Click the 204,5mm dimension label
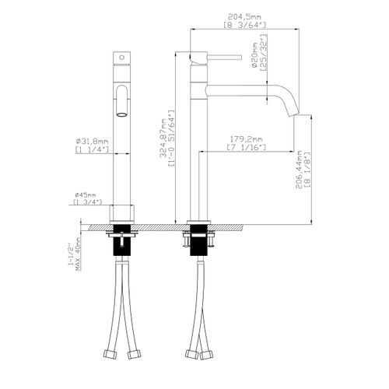click(244, 17)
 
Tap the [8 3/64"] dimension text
click(244, 25)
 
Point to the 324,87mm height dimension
click(163, 138)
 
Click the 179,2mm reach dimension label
click(246, 139)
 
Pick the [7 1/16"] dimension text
click(247, 147)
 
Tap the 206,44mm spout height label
click(299, 170)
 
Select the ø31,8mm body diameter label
click(92, 142)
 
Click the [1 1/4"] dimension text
click(92, 149)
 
